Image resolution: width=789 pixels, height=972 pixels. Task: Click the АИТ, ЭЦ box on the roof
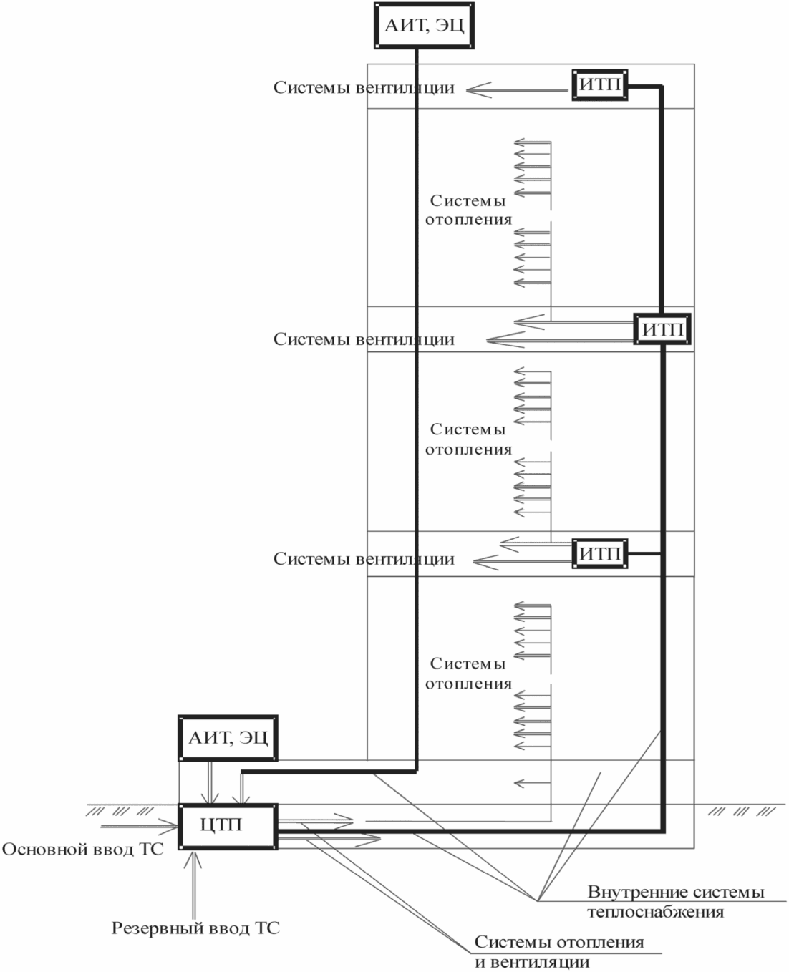(424, 26)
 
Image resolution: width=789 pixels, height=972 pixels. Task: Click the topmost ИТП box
(599, 85)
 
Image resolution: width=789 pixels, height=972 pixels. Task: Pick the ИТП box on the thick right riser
(662, 329)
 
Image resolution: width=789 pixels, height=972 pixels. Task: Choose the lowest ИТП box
(599, 553)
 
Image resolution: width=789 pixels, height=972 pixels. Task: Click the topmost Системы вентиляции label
(364, 87)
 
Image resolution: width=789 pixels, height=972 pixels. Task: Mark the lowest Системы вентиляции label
(364, 559)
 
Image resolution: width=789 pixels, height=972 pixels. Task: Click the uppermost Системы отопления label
(468, 210)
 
